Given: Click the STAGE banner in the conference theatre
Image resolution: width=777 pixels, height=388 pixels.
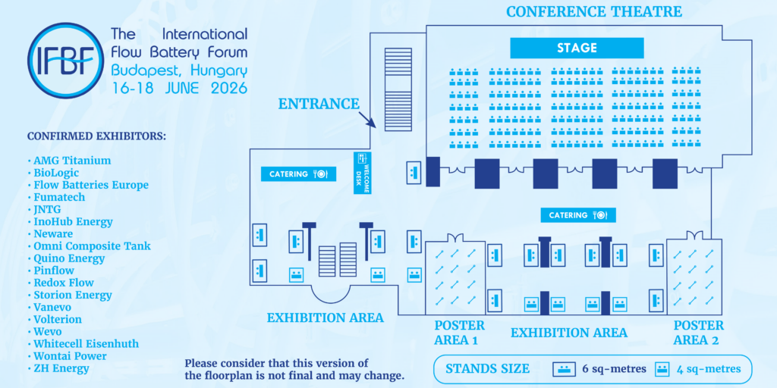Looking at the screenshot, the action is pos(577,48).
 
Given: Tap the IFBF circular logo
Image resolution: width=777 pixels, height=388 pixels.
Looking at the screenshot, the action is pos(66,61).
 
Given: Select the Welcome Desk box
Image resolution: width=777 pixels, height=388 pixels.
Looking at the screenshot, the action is pos(362,173).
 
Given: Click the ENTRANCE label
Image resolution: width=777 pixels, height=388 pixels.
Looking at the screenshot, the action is pos(318,104).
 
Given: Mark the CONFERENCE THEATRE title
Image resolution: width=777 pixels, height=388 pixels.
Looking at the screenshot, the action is pos(594,12).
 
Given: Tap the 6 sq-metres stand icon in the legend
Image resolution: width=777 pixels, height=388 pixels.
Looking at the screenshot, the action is pos(565,369).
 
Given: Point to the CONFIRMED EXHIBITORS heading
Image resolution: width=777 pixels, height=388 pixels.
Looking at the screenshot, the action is pos(96,136).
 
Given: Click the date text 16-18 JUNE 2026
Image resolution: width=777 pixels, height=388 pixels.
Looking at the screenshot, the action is pos(179,88).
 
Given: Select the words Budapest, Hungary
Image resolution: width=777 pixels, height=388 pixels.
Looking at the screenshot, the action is pos(179,70).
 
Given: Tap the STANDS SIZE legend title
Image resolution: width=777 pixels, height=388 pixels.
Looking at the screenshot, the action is pos(488,369).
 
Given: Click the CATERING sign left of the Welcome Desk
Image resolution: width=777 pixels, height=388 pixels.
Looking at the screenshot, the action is pos(299,174).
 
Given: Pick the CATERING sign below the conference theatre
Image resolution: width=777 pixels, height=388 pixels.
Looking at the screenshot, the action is pos(578,215).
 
